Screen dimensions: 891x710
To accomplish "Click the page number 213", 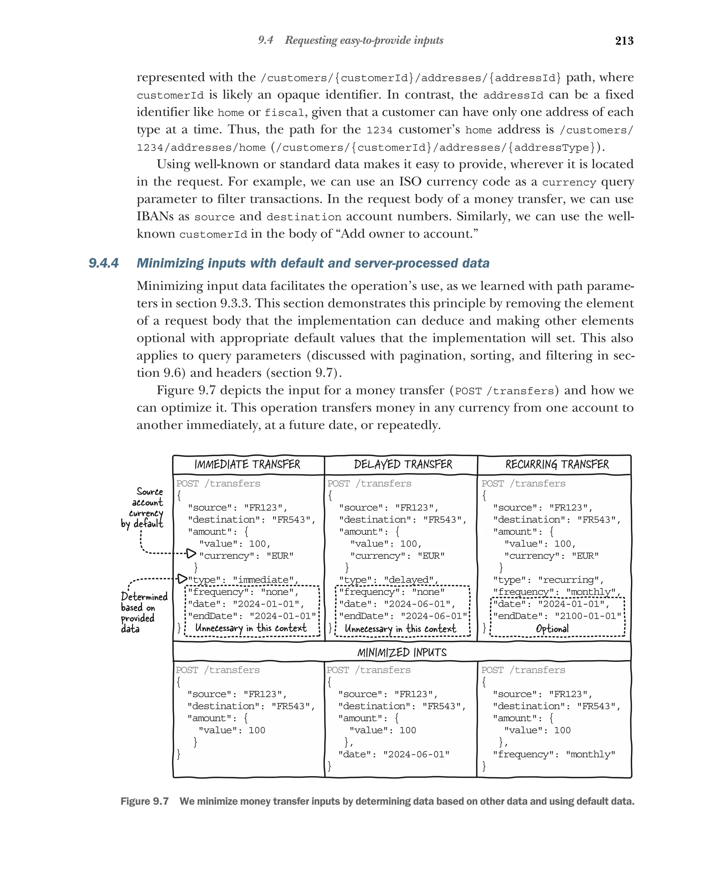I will click(624, 41).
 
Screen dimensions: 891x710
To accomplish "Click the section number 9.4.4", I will click(104, 263).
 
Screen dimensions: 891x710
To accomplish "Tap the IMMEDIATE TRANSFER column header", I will click(247, 464).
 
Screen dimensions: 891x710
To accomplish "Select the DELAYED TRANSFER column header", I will click(403, 464).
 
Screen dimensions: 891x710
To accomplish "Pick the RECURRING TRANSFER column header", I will click(556, 464).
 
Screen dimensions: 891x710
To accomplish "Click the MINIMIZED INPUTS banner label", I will click(401, 652).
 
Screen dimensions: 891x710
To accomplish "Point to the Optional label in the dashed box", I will click(552, 628).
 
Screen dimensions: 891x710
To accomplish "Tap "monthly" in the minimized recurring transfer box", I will click(590, 754).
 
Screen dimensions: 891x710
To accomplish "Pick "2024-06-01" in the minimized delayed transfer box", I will click(416, 754).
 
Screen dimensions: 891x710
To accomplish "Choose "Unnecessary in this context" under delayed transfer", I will click(400, 628).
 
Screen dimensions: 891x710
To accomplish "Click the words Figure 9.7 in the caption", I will click(144, 801).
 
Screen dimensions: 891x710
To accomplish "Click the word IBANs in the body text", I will click(155, 216).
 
